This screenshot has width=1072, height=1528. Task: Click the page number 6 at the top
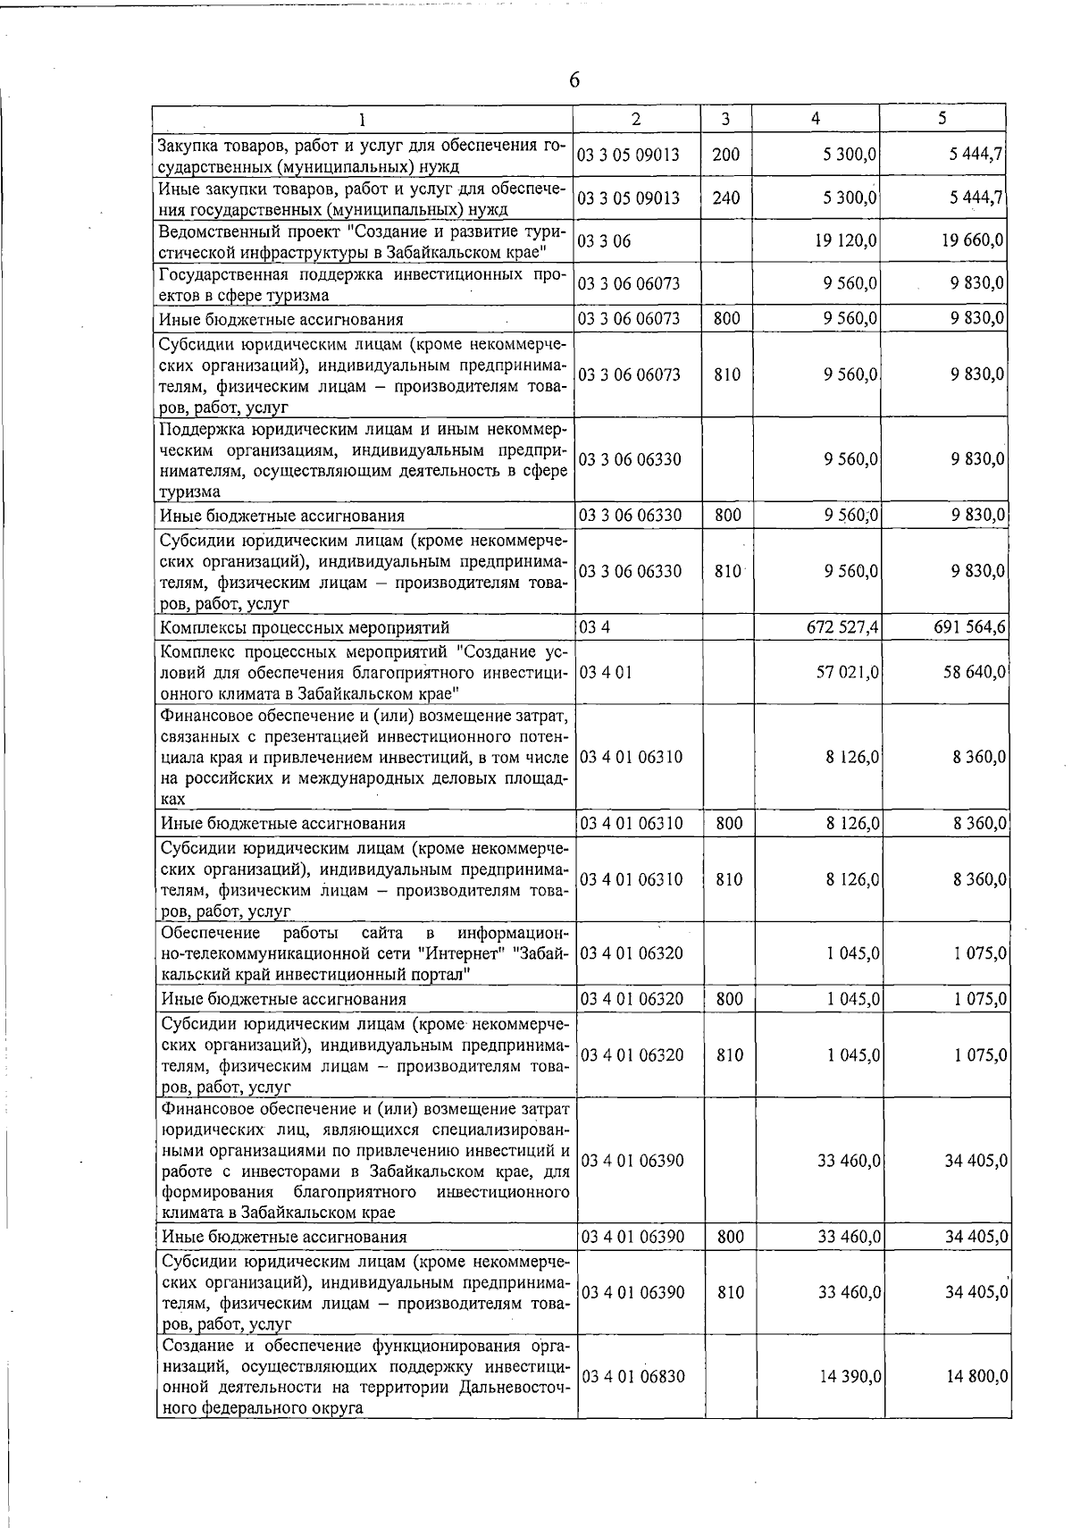click(x=574, y=80)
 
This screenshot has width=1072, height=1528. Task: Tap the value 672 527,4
click(x=842, y=627)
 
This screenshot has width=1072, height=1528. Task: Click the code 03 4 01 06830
click(x=632, y=1377)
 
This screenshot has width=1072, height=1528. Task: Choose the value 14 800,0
click(x=977, y=1377)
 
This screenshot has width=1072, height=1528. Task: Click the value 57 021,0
click(x=849, y=671)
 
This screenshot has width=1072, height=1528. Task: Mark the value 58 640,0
click(x=976, y=671)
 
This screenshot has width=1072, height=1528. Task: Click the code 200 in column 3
click(x=725, y=155)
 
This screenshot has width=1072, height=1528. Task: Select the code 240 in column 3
click(x=725, y=197)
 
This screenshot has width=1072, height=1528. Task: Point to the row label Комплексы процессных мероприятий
click(x=304, y=628)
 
